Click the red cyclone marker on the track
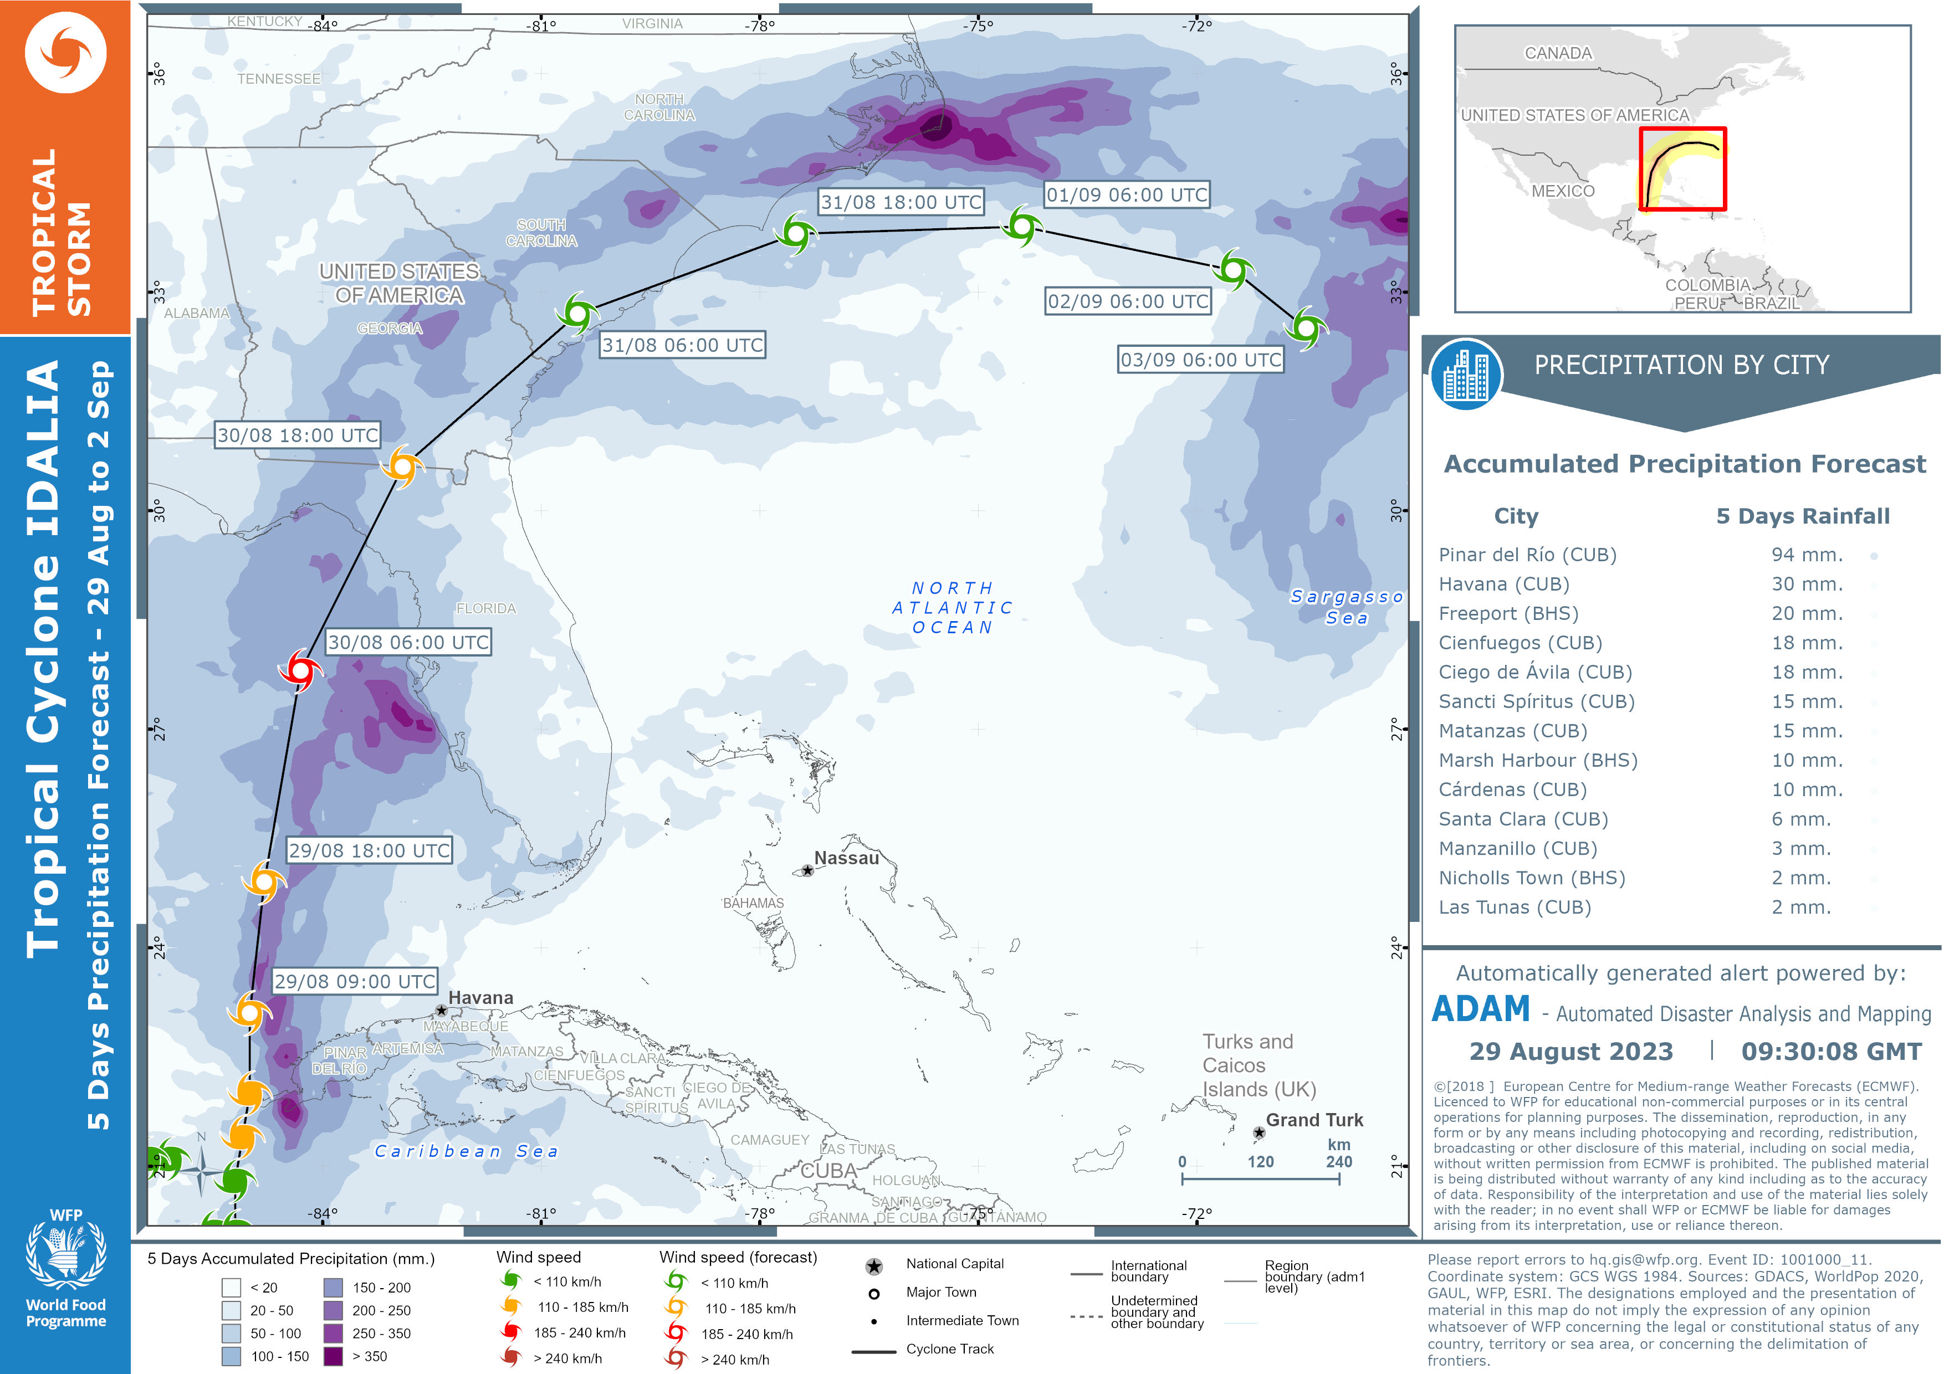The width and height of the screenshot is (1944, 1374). coord(300,670)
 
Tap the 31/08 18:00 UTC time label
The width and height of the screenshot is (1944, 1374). coord(901,202)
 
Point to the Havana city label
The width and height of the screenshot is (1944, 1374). coord(480,997)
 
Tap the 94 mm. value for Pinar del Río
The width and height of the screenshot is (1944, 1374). coord(1807,555)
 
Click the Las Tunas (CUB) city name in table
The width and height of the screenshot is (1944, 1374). coord(1514,907)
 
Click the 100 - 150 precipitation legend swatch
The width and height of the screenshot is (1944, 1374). coord(231,1355)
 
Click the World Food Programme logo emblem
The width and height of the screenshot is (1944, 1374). coord(66,1252)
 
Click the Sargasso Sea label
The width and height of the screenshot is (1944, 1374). coord(1346,607)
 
